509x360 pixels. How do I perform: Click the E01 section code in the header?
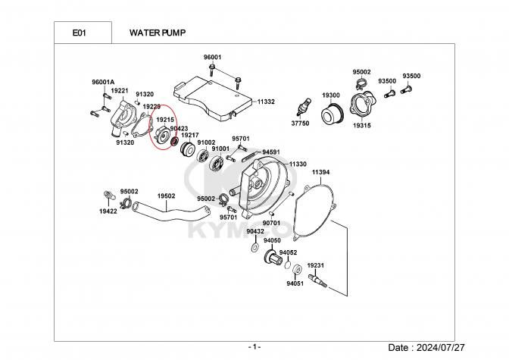tap(78, 33)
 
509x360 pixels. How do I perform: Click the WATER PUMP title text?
tap(158, 33)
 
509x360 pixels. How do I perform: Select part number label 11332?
tap(265, 101)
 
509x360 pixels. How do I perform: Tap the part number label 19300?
tap(331, 95)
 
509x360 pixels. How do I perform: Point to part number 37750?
tap(300, 123)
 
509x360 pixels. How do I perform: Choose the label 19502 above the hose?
tap(167, 196)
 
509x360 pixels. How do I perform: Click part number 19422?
tap(108, 212)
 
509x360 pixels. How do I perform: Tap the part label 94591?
tap(271, 152)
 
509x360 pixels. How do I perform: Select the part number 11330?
tap(297, 163)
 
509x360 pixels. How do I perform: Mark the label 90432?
tap(254, 231)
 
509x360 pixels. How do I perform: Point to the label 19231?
tap(315, 265)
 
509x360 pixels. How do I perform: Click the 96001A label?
tap(102, 82)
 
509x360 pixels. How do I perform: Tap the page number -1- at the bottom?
tap(254, 347)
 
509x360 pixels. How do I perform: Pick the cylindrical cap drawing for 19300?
tap(331, 114)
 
